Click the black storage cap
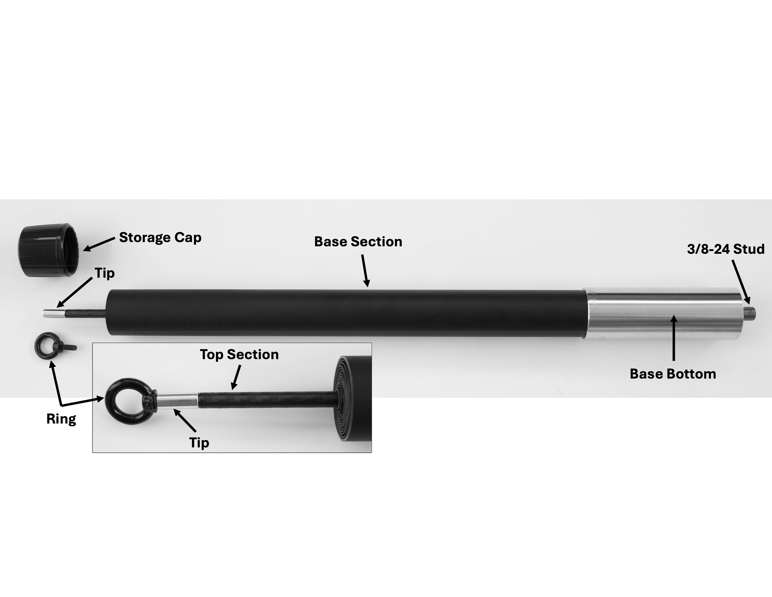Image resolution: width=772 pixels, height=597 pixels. pos(48,250)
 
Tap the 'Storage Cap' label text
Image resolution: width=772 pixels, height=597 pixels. pos(160,237)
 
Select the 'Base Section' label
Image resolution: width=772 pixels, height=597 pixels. pos(358,242)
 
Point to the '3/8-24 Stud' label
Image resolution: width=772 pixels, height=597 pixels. pos(725,249)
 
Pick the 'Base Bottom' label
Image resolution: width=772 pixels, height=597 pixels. pos(673,374)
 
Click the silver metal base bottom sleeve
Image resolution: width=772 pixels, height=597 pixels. pos(661,313)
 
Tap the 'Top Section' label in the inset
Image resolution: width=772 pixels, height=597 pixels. pos(239,355)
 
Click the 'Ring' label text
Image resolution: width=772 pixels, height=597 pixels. pos(61,419)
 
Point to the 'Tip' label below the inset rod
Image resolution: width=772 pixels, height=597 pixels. pos(199,442)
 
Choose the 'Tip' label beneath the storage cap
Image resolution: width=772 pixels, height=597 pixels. pos(105,273)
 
